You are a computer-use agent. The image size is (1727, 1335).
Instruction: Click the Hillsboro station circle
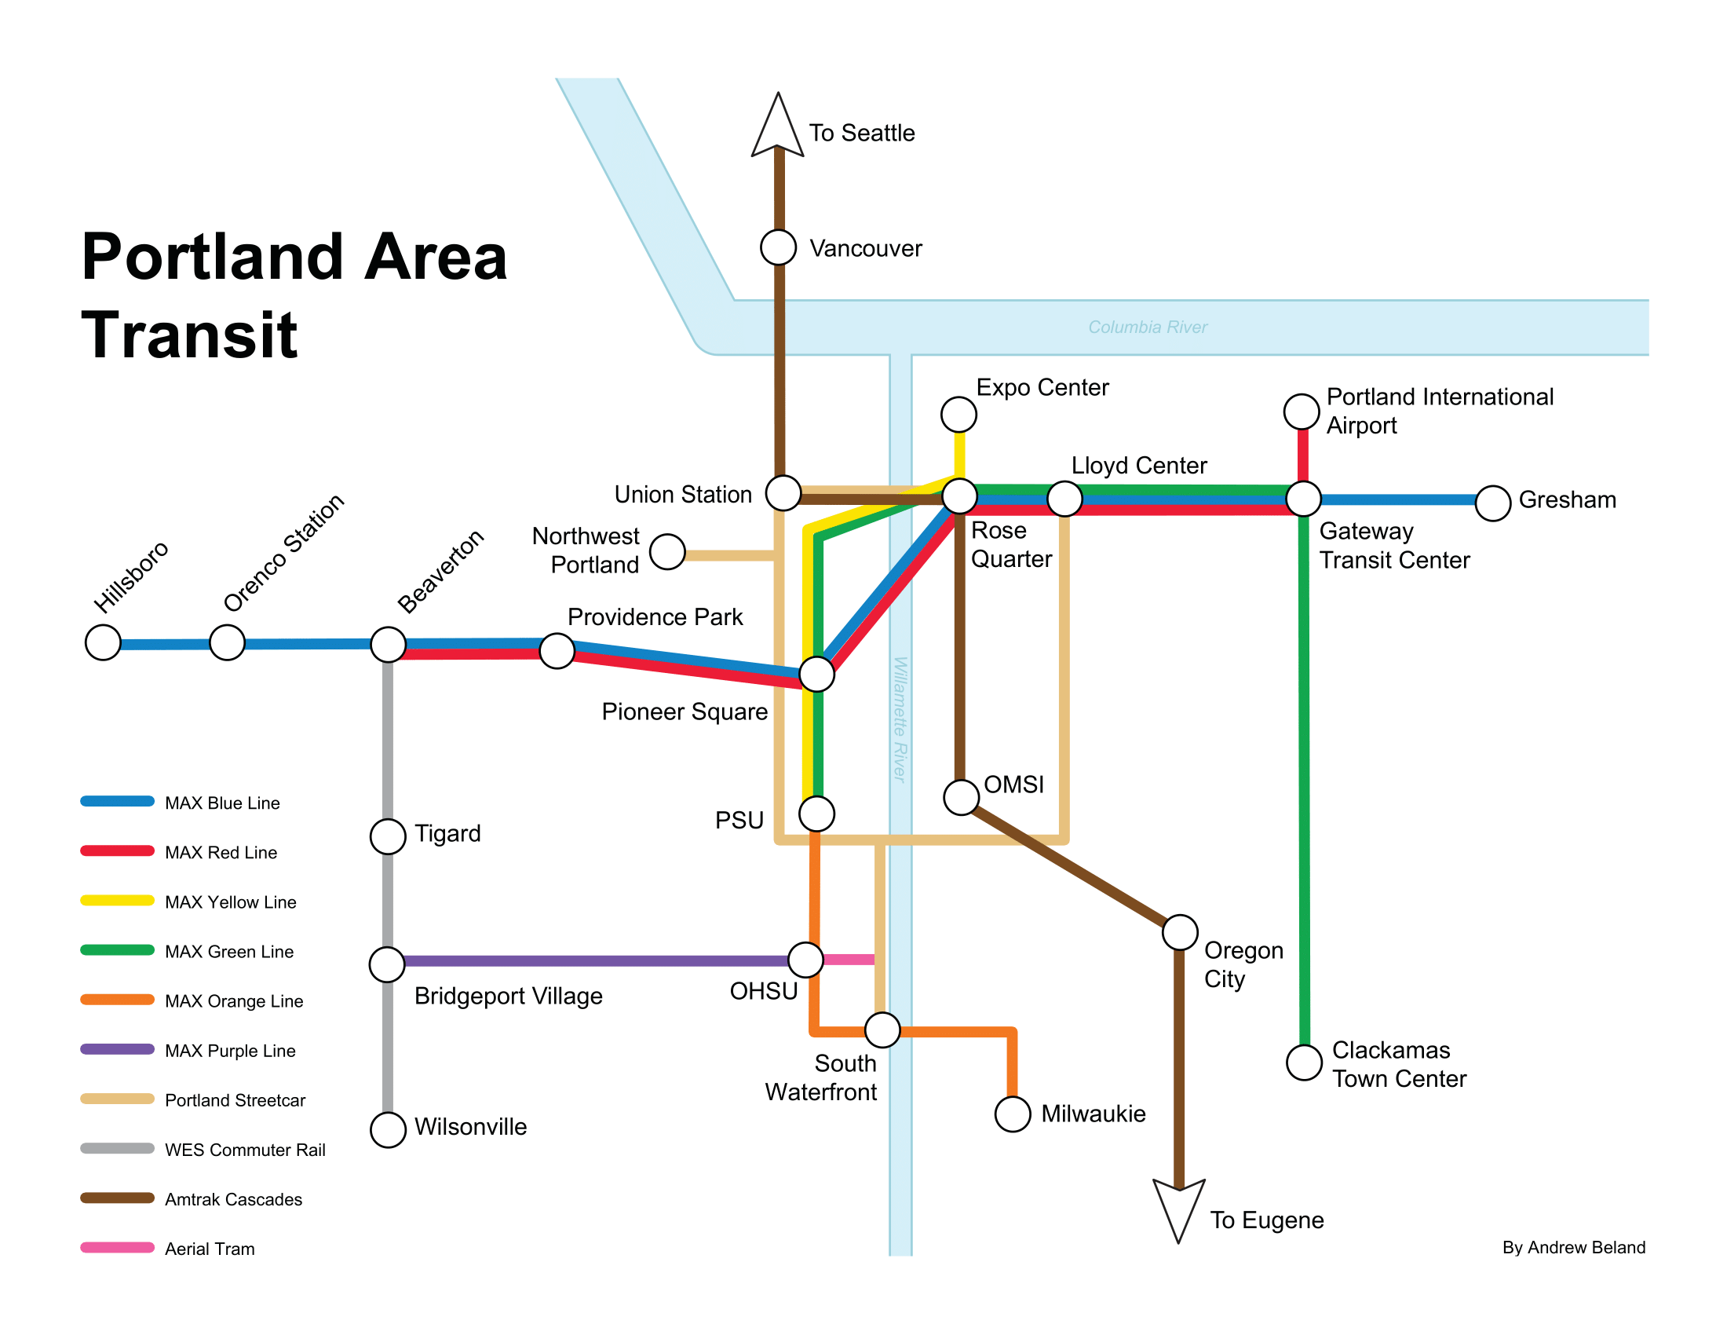pyautogui.click(x=103, y=642)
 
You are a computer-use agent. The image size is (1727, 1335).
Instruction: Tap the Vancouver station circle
pyautogui.click(x=778, y=247)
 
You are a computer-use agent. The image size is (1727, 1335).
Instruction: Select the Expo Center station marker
pyautogui.click(x=958, y=414)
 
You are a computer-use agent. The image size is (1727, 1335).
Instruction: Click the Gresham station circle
pyautogui.click(x=1493, y=503)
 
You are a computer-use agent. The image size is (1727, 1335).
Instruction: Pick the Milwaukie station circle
pyautogui.click(x=1012, y=1114)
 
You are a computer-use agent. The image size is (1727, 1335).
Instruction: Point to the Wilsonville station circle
pyautogui.click(x=389, y=1129)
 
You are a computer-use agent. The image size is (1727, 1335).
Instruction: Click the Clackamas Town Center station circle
pyautogui.click(x=1304, y=1063)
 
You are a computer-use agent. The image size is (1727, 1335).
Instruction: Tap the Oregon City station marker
pyautogui.click(x=1180, y=932)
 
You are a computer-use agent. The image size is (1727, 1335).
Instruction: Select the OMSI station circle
pyautogui.click(x=962, y=797)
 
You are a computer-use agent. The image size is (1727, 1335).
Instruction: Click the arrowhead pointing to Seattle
pyautogui.click(x=778, y=126)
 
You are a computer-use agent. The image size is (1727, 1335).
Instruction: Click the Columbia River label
pyautogui.click(x=1148, y=327)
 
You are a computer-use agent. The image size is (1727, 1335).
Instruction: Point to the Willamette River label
pyautogui.click(x=900, y=719)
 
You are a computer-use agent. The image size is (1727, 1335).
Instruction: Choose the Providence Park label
pyautogui.click(x=655, y=617)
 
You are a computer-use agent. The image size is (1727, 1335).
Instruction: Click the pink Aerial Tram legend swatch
pyautogui.click(x=117, y=1248)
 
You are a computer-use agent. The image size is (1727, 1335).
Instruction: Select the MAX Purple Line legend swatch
pyautogui.click(x=117, y=1049)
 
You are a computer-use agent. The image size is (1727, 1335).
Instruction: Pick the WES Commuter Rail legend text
pyautogui.click(x=245, y=1150)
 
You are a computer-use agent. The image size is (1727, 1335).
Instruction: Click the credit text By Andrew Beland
pyautogui.click(x=1574, y=1248)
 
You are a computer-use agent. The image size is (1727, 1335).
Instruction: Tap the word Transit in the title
pyautogui.click(x=190, y=335)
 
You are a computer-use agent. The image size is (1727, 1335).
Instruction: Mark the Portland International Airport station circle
pyautogui.click(x=1302, y=411)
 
